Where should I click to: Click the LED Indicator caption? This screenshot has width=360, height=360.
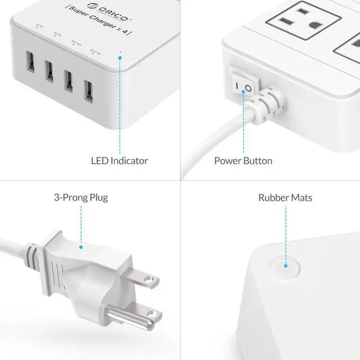coord(119,161)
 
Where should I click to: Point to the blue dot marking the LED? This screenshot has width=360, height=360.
coord(119,56)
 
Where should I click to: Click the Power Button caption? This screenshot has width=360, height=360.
coord(243,161)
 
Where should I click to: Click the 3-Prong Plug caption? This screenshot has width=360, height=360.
coord(81,197)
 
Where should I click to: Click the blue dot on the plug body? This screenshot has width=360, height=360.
coord(81,246)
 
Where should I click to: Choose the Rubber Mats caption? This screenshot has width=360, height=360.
coord(285,197)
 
